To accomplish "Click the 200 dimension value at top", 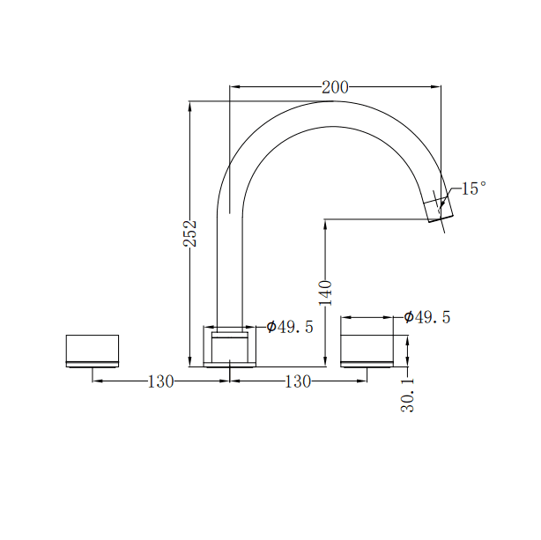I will (x=335, y=87).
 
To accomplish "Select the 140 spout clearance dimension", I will (x=325, y=292).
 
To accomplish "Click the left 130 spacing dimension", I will (x=160, y=381).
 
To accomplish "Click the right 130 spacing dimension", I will (x=298, y=381).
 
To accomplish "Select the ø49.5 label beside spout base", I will (x=290, y=328).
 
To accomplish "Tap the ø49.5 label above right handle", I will (x=427, y=317).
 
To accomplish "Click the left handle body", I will (x=93, y=350).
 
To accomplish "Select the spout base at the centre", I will (x=230, y=345).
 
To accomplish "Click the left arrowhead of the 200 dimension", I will (x=233, y=87).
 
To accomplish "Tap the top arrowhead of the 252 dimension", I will (x=190, y=105).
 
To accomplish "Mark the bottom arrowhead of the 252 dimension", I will (x=190, y=362).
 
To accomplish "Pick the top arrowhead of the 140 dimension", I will (x=325, y=223).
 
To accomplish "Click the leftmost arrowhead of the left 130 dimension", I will (x=96, y=381).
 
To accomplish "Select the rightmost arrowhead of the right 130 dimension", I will (x=363, y=381).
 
